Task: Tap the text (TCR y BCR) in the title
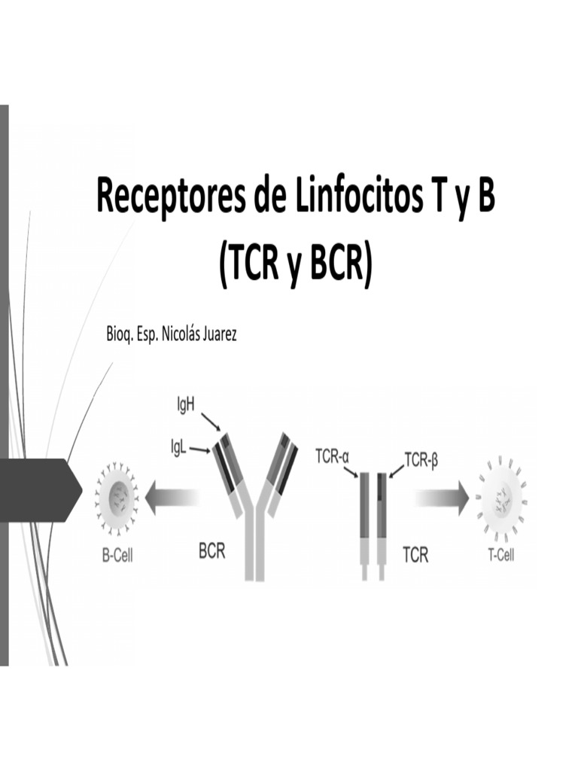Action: (295, 265)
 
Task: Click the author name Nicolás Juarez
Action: (199, 334)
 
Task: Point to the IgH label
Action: (185, 405)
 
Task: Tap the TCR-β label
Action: (421, 459)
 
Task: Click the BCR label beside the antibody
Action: (211, 551)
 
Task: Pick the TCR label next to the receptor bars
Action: (415, 556)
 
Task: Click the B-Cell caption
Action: (117, 559)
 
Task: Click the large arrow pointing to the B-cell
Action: (173, 500)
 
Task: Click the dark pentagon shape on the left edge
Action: (41, 489)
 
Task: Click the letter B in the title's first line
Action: (483, 197)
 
